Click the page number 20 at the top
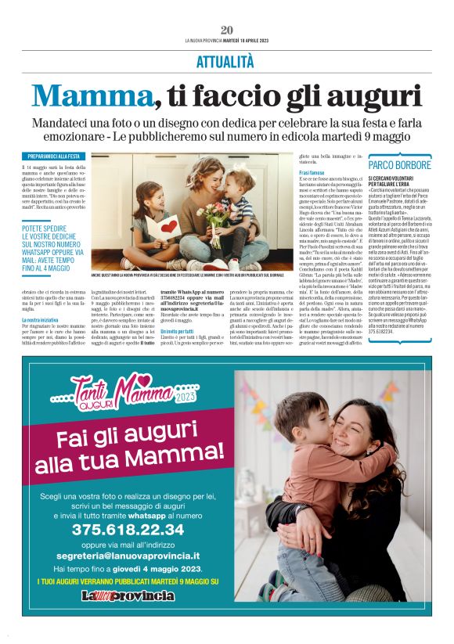(x=227, y=31)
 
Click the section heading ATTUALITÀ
(x=226, y=59)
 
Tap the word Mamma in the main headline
(x=91, y=94)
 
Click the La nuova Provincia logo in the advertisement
(x=128, y=617)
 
